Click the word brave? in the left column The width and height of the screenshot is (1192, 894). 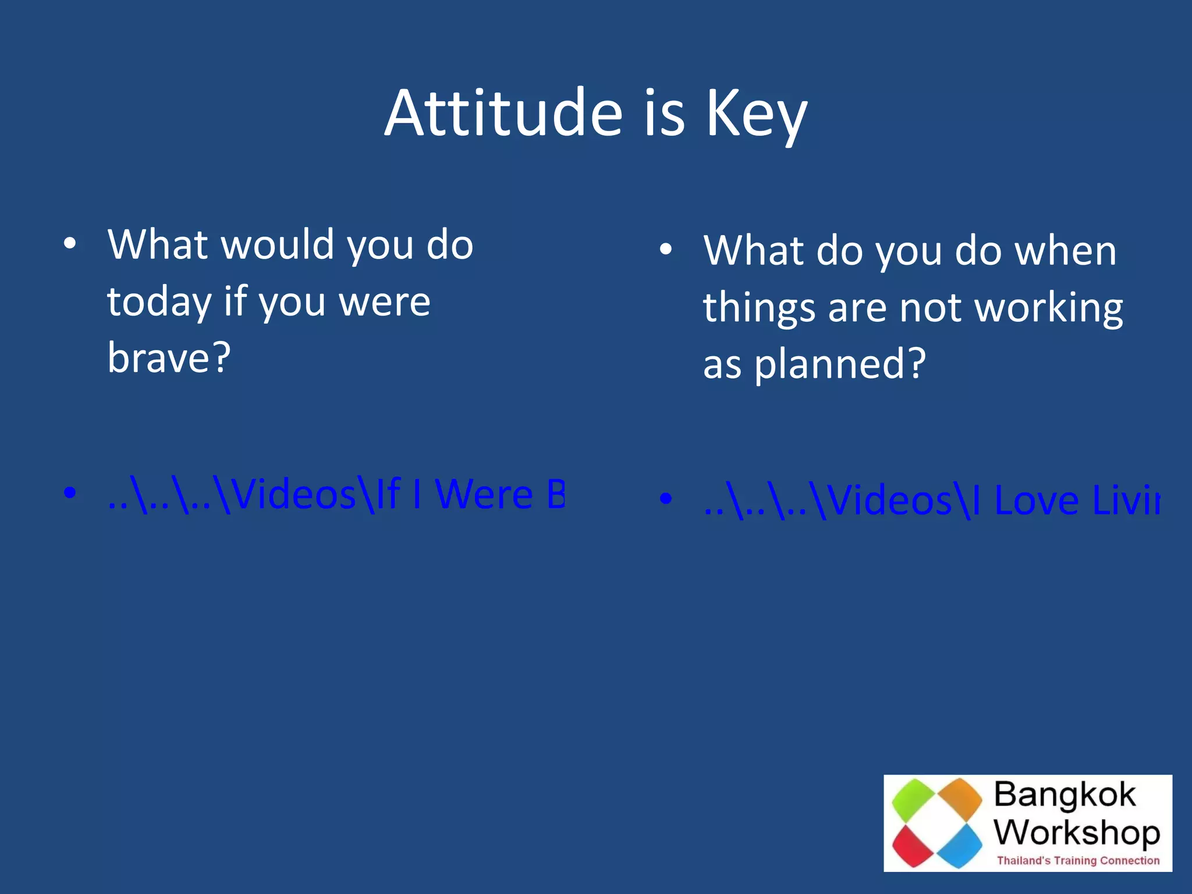[169, 357]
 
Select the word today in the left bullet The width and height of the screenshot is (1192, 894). [159, 302]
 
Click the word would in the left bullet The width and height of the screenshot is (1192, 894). [278, 244]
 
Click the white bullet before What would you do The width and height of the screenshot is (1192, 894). [70, 244]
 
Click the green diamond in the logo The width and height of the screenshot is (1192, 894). [914, 800]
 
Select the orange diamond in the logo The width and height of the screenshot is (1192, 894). [960, 798]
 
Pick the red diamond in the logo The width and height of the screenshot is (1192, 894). [913, 845]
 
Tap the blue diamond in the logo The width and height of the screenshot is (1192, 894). [960, 845]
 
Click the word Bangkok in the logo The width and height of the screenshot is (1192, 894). [1065, 794]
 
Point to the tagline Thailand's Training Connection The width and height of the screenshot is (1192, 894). [1078, 860]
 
